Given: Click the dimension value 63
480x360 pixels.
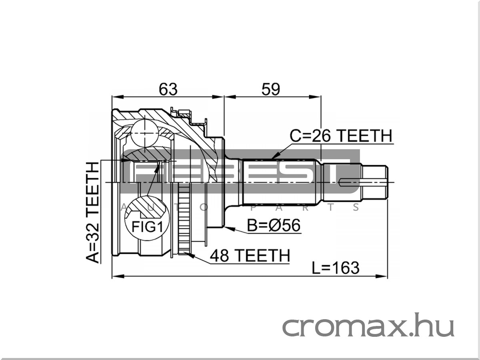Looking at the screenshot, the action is [168, 89].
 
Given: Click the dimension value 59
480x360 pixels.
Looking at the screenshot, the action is [271, 89].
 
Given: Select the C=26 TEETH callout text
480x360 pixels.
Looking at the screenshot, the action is [341, 136].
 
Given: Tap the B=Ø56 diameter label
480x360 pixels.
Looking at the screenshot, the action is [274, 225].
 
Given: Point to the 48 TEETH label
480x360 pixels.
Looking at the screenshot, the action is [250, 255].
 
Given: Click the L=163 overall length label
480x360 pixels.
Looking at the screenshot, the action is [336, 268].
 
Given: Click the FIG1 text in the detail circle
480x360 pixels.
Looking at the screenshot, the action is [147, 227].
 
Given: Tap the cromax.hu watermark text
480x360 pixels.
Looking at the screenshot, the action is [368, 325].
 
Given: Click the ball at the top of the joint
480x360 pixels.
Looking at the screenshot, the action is [144, 133].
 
